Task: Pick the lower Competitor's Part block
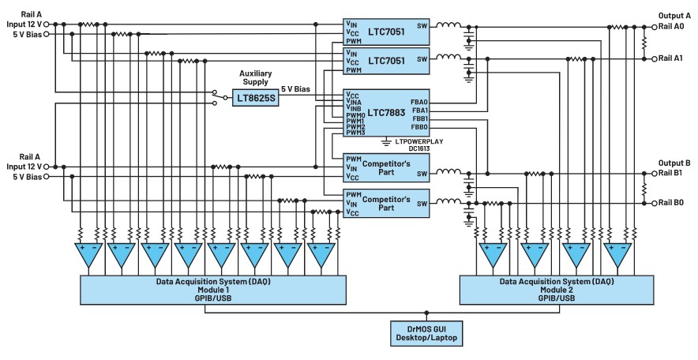[x=386, y=203]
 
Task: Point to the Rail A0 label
[x=677, y=26]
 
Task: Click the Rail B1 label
[x=677, y=172]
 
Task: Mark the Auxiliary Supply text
[x=255, y=76]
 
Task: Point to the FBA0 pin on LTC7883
[x=418, y=102]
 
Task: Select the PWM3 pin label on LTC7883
[x=355, y=133]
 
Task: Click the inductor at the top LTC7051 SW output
[x=450, y=24]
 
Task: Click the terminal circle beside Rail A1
[x=655, y=58]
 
